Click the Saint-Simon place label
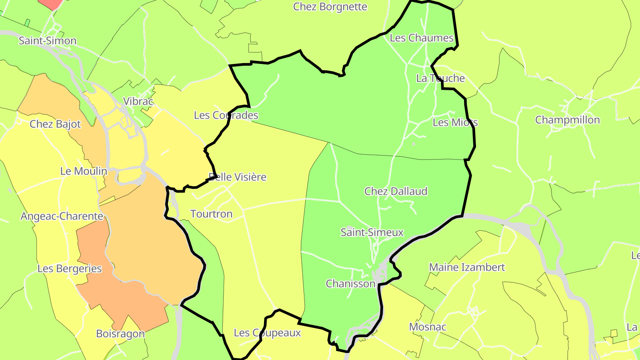[48, 41]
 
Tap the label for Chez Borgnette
[330, 7]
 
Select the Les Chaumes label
[421, 38]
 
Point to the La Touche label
[440, 78]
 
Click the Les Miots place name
[455, 122]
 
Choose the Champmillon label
[567, 120]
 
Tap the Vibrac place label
[138, 101]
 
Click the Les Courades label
[226, 116]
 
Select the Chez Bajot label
[55, 124]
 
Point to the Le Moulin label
[84, 171]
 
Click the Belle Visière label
[238, 177]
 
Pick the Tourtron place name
[211, 214]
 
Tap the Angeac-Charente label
[62, 216]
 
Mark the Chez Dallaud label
[396, 191]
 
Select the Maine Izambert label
[467, 268]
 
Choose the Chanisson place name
[351, 284]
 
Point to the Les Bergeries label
[69, 269]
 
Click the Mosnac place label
[427, 327]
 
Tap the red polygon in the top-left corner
[50, 4]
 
